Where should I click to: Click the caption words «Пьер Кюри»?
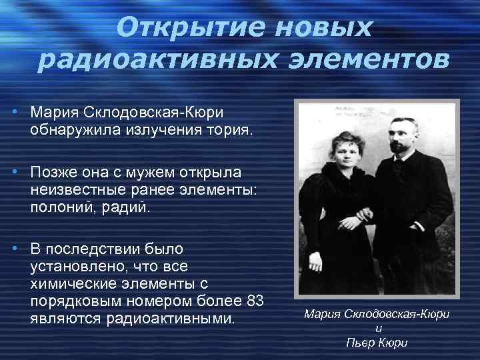coord(377,343)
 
